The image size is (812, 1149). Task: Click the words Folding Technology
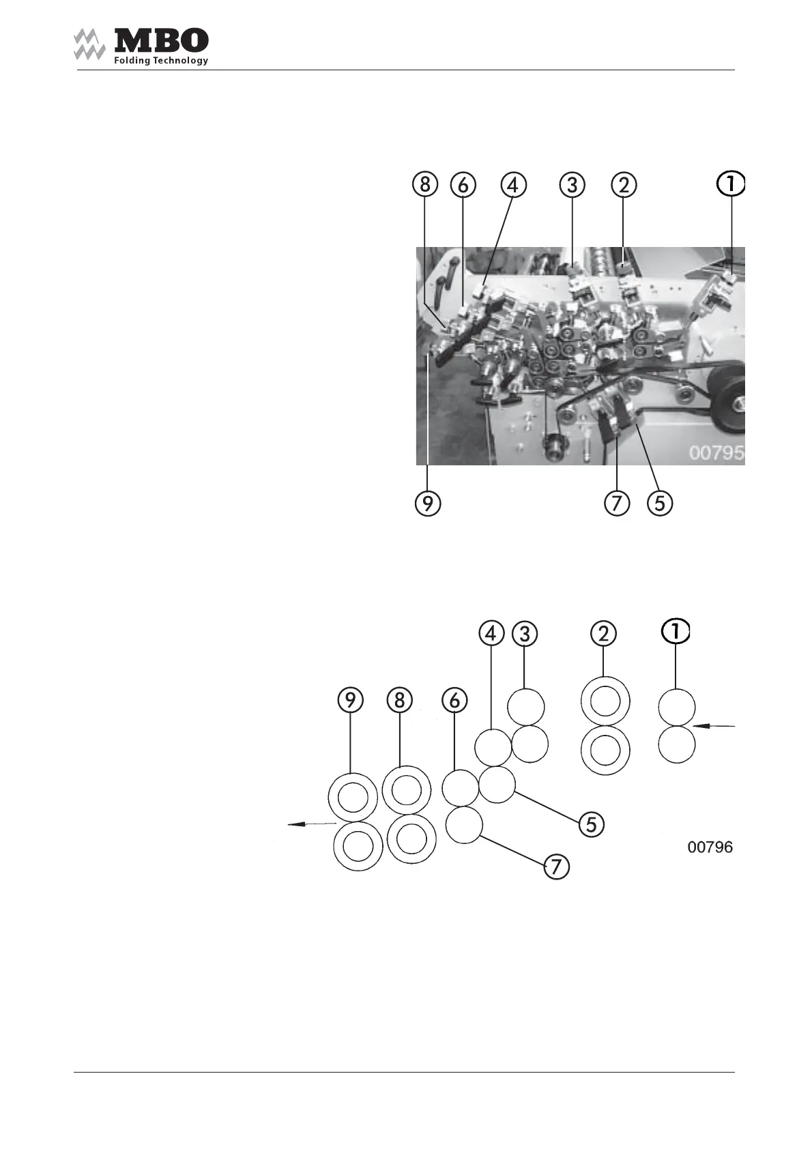click(161, 61)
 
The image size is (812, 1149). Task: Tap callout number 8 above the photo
click(425, 184)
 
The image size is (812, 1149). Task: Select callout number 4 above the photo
click(514, 184)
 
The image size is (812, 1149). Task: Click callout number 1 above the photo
click(731, 184)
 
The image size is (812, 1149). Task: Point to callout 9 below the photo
click(428, 504)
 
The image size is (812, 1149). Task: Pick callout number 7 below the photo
click(617, 504)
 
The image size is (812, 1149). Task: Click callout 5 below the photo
click(660, 504)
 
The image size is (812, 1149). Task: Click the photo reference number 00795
click(715, 453)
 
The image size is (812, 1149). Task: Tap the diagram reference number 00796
click(710, 847)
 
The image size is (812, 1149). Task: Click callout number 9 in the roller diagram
click(350, 700)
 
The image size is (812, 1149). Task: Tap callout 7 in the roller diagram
click(556, 867)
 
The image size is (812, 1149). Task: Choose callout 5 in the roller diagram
click(591, 824)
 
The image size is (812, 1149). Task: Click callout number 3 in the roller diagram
click(524, 634)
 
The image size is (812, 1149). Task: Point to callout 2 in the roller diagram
click(603, 634)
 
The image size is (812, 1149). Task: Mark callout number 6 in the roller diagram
click(455, 700)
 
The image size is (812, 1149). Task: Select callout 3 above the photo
click(572, 184)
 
